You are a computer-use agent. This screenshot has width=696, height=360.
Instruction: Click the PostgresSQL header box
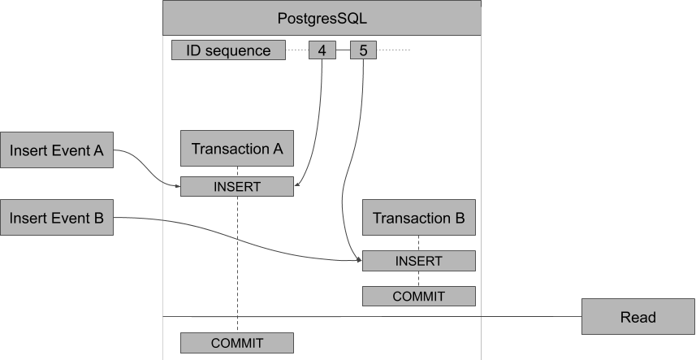322,17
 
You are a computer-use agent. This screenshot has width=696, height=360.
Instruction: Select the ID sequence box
228,50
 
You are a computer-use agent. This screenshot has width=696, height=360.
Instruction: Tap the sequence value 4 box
322,50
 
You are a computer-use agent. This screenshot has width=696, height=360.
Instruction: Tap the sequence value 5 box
362,50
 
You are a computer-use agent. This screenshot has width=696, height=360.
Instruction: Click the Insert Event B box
57,218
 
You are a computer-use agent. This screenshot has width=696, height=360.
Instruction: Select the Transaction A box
236,149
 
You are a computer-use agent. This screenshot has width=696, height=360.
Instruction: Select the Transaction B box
418,218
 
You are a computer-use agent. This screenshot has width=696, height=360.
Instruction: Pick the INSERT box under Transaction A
236,187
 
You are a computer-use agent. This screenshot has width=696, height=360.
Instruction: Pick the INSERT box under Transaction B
418,261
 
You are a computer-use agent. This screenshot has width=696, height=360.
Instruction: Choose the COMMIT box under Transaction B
418,297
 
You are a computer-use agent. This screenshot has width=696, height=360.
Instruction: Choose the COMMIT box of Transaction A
236,342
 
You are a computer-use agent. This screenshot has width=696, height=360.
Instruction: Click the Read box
638,317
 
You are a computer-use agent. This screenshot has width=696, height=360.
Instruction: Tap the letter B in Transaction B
459,218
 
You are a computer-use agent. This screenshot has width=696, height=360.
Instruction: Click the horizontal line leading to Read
528,316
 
